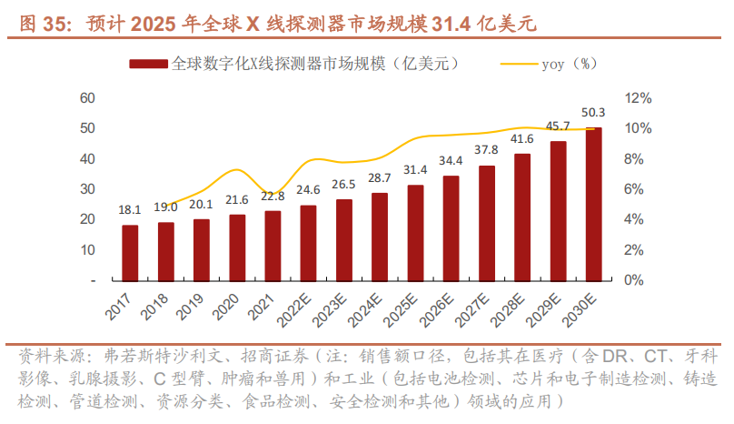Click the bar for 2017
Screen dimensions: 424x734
pos(130,252)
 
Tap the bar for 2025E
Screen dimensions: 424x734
pos(415,232)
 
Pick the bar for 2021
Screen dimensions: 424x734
pos(273,245)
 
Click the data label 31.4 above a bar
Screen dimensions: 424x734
pos(415,170)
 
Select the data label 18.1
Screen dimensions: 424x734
pos(130,210)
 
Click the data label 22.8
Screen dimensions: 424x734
pos(273,196)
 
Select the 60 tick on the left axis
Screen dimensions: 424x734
pos(88,97)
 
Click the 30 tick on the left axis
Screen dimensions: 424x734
pos(88,189)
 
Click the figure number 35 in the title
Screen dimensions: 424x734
pos(56,25)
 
